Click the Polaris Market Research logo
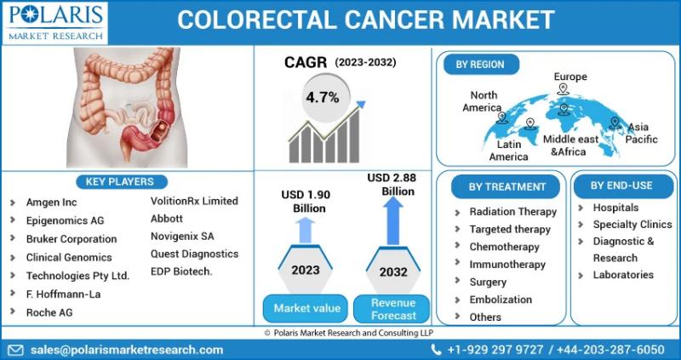click(x=54, y=23)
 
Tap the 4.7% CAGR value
click(x=323, y=98)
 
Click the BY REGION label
click(x=480, y=65)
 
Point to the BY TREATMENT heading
click(x=506, y=186)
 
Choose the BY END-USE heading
click(x=621, y=186)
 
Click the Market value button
click(x=306, y=309)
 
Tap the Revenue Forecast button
click(x=393, y=309)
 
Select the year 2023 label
click(x=306, y=270)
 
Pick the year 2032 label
click(x=393, y=271)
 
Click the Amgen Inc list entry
click(x=51, y=203)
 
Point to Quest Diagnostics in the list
click(x=195, y=254)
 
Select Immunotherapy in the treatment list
click(x=507, y=265)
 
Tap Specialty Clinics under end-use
click(x=632, y=225)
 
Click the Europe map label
click(x=570, y=77)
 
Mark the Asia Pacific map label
click(x=641, y=134)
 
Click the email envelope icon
click(x=16, y=350)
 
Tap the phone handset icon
click(x=436, y=350)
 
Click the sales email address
click(x=127, y=350)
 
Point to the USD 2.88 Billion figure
click(x=392, y=184)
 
